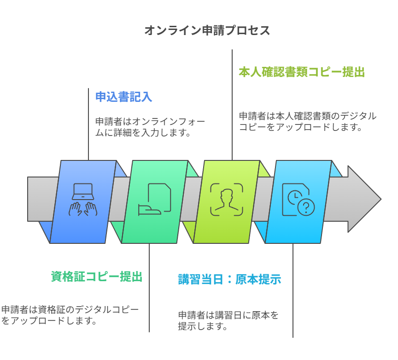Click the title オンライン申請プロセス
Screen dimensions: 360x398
coord(207,31)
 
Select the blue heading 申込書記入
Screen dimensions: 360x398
coord(123,97)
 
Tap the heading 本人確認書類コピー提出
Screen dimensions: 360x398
coord(301,72)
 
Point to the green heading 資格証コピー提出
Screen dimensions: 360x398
coord(96,277)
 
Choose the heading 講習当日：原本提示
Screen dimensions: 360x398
coord(229,279)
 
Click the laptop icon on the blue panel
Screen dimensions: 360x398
coord(83,191)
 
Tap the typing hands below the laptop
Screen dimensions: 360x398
coord(83,209)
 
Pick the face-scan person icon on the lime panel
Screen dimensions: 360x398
coord(226,199)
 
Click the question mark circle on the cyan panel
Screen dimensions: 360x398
coord(306,208)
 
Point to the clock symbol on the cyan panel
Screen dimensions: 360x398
coord(293,197)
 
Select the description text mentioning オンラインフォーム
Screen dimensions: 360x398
coord(150,127)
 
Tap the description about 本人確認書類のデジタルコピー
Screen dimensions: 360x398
coord(307,122)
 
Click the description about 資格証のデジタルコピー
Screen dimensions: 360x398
coord(70,315)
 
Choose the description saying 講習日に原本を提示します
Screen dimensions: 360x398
coord(228,321)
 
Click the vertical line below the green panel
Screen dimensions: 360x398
coord(149,288)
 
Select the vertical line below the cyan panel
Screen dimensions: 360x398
coord(293,290)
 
